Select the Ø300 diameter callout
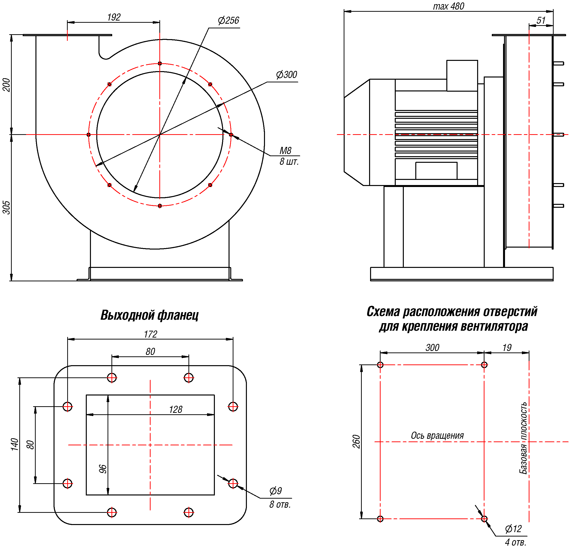[286, 75]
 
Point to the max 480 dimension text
[448, 6]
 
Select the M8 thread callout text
[285, 151]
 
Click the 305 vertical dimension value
[6, 208]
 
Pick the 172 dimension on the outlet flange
[150, 334]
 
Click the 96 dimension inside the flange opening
[103, 469]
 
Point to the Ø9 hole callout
[275, 491]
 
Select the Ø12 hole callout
[513, 529]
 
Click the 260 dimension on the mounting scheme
[356, 441]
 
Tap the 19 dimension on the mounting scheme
[507, 348]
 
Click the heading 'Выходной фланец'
[149, 315]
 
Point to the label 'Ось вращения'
[437, 436]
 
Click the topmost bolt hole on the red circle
[160, 64]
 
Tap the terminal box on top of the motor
[462, 76]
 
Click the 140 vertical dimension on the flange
[15, 444]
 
